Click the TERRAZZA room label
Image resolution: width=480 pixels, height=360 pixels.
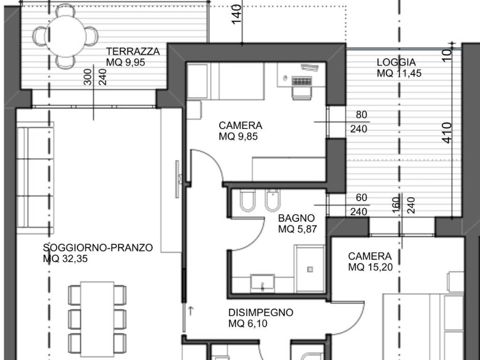[133, 52]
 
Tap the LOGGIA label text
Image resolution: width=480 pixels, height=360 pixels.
[396, 62]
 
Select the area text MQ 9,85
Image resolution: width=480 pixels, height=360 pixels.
[238, 137]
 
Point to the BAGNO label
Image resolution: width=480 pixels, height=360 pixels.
[296, 218]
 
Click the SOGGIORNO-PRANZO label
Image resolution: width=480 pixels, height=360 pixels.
[98, 248]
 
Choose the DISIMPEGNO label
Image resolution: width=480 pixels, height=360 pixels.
[261, 313]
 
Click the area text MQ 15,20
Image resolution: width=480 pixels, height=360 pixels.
[370, 268]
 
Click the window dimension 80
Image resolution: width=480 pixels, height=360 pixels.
[361, 115]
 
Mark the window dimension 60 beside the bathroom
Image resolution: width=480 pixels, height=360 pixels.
[361, 198]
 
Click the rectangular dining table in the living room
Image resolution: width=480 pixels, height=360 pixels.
[97, 319]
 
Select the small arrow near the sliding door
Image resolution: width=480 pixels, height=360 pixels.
[191, 310]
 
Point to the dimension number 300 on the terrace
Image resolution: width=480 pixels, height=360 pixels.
[88, 78]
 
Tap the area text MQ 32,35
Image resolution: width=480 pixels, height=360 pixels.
[66, 259]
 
